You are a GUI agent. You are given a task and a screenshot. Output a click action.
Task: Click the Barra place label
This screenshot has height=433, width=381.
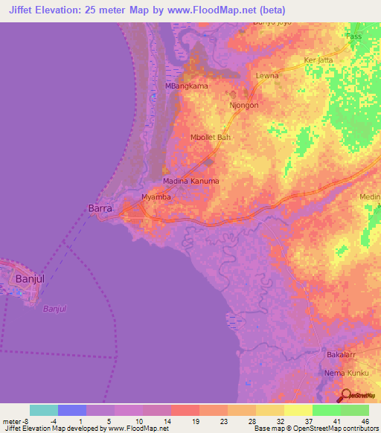coord(100,209)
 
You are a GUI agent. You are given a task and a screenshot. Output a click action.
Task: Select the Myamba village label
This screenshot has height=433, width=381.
coord(156,197)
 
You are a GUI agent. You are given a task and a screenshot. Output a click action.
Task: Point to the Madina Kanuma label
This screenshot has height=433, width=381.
coord(191,182)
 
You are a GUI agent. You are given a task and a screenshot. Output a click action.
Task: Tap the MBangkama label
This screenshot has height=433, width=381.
coord(186,86)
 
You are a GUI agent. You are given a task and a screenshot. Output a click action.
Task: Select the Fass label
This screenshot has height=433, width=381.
coord(354,36)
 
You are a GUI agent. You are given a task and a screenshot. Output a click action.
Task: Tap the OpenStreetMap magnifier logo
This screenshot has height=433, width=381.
coord(347,396)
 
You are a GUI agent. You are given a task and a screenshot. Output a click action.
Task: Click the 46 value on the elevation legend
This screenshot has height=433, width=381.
coord(365,421)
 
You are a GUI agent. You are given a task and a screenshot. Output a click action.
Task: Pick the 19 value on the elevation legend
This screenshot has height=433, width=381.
coord(195,421)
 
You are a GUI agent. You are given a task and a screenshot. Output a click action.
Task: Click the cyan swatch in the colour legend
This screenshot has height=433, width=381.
coord(44,410)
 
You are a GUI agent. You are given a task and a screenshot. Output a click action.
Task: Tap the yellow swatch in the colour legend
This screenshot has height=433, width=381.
coord(298,410)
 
